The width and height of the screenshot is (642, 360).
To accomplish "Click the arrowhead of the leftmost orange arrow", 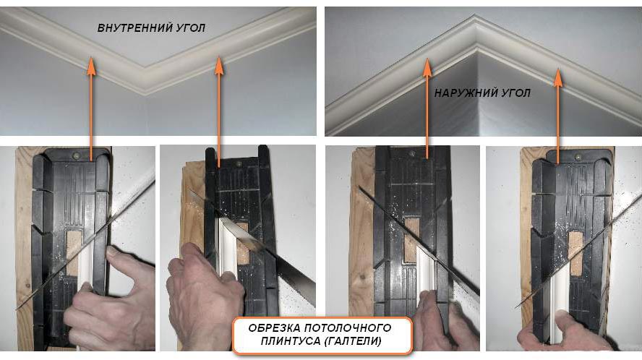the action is [91, 67].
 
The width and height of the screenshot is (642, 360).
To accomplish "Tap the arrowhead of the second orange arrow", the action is [219, 66].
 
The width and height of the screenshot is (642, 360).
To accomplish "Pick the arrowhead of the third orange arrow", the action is [427, 67].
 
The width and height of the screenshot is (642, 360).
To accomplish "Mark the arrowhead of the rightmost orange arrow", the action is [557, 77].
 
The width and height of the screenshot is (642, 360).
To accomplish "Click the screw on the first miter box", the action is [76, 155].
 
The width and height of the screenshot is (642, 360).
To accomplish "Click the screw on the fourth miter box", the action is [578, 156].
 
